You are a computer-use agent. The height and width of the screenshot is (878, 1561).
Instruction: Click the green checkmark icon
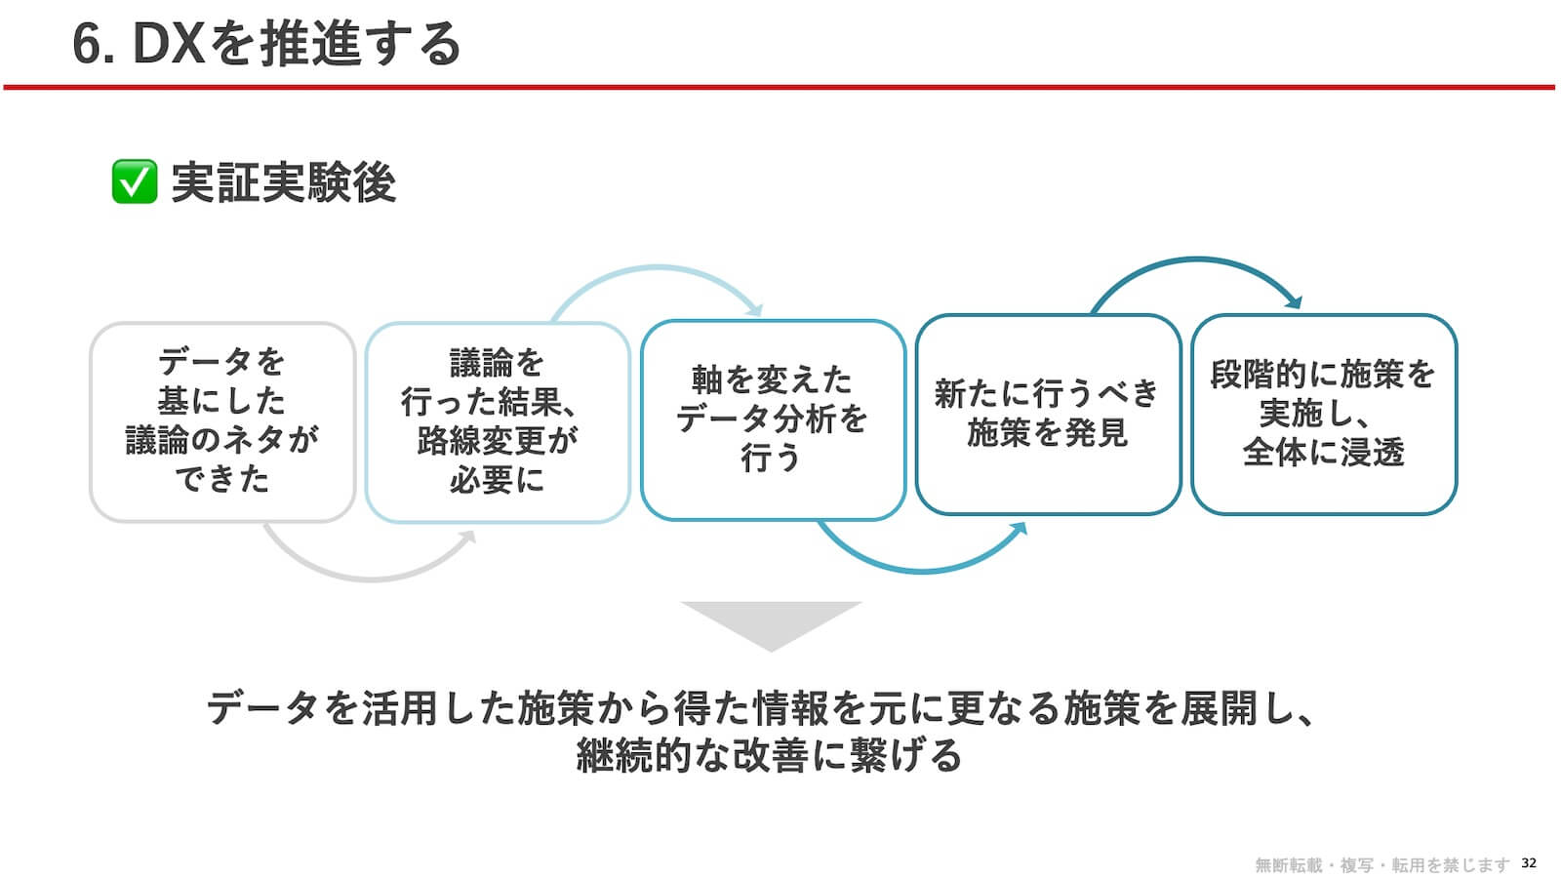(135, 181)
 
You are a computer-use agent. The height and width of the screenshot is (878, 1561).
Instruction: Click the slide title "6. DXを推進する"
(267, 44)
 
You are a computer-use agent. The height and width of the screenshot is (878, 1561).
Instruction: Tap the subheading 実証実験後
(284, 182)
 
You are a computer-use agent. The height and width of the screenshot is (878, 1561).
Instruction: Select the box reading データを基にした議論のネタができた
(222, 421)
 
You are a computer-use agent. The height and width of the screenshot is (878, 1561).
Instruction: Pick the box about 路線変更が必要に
(498, 421)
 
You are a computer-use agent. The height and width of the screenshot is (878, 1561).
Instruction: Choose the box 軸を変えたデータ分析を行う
(773, 419)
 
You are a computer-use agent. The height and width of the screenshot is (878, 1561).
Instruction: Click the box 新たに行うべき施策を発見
(1048, 415)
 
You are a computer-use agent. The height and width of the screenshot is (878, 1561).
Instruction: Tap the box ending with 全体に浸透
(1324, 415)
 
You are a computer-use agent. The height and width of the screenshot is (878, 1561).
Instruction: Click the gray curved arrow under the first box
(370, 578)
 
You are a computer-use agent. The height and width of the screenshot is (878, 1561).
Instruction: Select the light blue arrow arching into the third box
(659, 267)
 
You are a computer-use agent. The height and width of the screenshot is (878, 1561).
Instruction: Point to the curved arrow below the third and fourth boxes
(923, 571)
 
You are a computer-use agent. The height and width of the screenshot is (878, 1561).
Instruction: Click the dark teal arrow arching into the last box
(1197, 260)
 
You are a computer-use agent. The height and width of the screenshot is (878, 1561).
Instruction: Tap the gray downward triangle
(772, 621)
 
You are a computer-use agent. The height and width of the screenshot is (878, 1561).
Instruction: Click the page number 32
(1528, 862)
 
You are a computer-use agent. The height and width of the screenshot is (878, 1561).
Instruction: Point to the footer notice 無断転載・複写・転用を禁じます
(1381, 864)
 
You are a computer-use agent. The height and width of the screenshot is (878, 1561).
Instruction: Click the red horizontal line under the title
(780, 87)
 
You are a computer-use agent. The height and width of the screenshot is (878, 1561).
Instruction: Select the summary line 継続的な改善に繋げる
(770, 755)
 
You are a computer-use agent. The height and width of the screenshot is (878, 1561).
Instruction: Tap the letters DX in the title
(169, 44)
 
